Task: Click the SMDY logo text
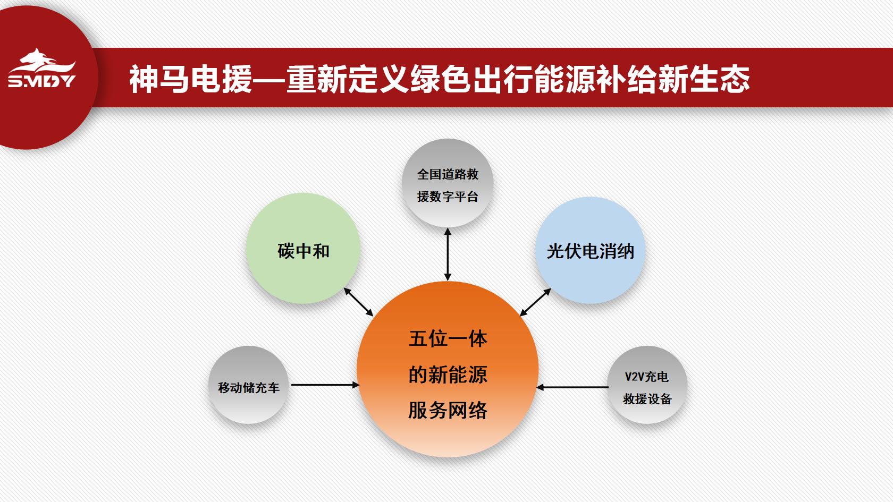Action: click(42, 81)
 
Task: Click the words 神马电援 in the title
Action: click(191, 79)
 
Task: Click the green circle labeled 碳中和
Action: click(304, 248)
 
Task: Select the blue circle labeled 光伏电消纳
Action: click(590, 250)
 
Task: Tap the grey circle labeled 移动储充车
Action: click(248, 385)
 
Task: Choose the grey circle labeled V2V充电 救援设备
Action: click(647, 385)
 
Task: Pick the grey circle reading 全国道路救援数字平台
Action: click(448, 183)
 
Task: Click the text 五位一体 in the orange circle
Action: click(448, 339)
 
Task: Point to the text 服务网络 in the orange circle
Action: click(448, 410)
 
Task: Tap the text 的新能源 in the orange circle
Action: click(448, 375)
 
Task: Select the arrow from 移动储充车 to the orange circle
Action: click(325, 385)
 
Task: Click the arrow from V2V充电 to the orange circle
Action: click(572, 387)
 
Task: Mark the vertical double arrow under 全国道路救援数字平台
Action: click(448, 254)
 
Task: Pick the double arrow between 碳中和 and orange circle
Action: click(358, 302)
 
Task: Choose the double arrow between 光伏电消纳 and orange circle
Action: click(535, 302)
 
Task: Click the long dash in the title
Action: click(270, 80)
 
